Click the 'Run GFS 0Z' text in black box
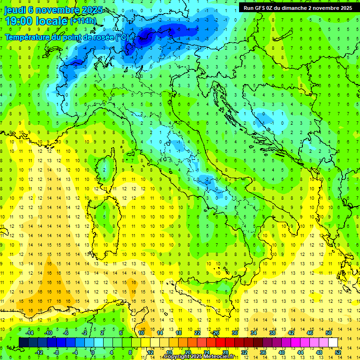(259, 8)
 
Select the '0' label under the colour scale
(93, 352)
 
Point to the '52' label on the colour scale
(338, 352)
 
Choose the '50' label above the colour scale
(329, 333)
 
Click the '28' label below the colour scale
(225, 352)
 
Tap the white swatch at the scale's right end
(333, 342)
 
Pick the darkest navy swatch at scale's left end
(23, 342)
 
